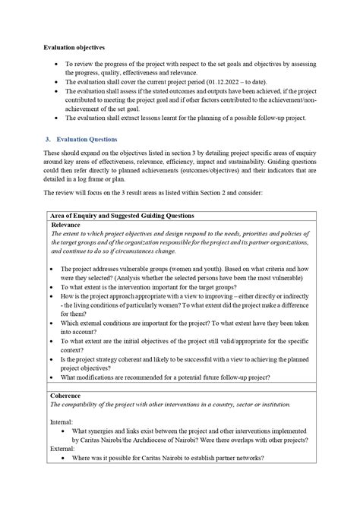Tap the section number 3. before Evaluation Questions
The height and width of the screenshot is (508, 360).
pos(48,140)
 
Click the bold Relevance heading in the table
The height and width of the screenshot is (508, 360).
pos(67,226)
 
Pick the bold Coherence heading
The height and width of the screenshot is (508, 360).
pos(67,396)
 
